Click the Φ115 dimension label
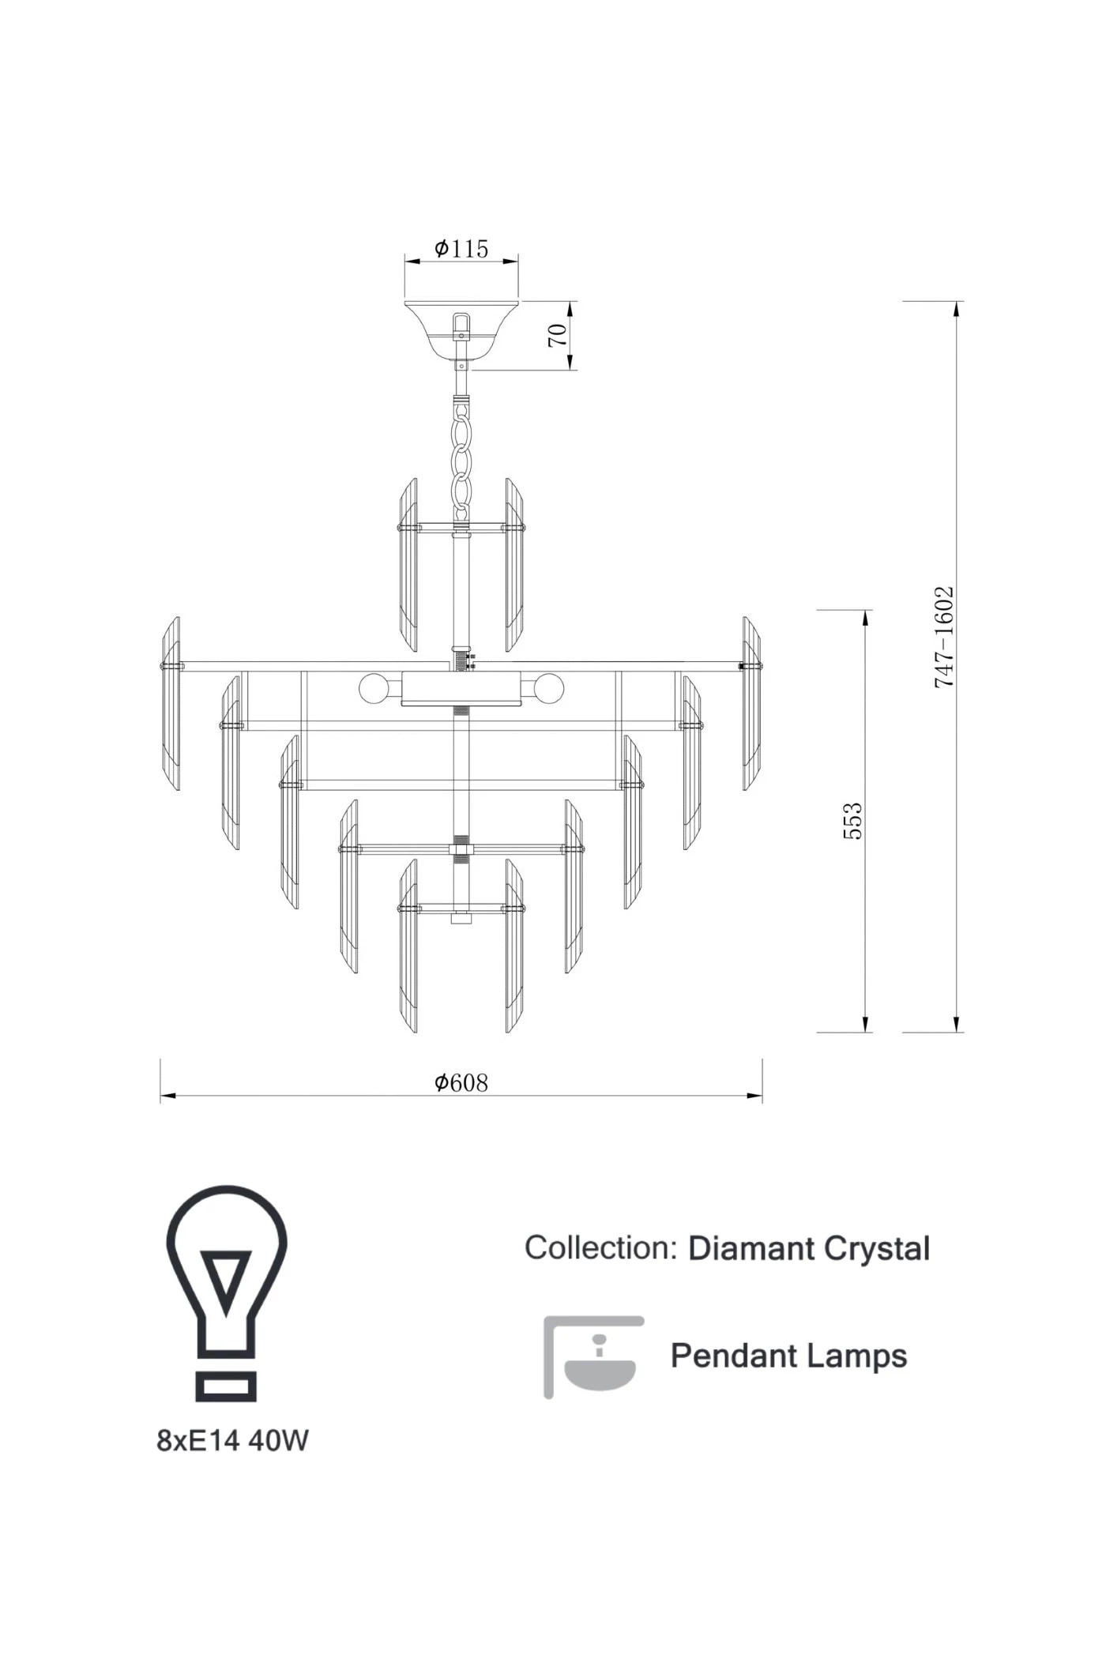tap(461, 249)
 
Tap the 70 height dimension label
tap(558, 335)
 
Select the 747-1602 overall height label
tap(945, 637)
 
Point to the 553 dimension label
tap(853, 821)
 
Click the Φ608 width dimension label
tap(461, 1082)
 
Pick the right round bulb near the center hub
tap(548, 689)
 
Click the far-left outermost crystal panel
tap(171, 703)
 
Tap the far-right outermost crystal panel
tap(751, 703)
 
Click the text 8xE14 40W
tap(233, 1441)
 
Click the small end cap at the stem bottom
tap(461, 919)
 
